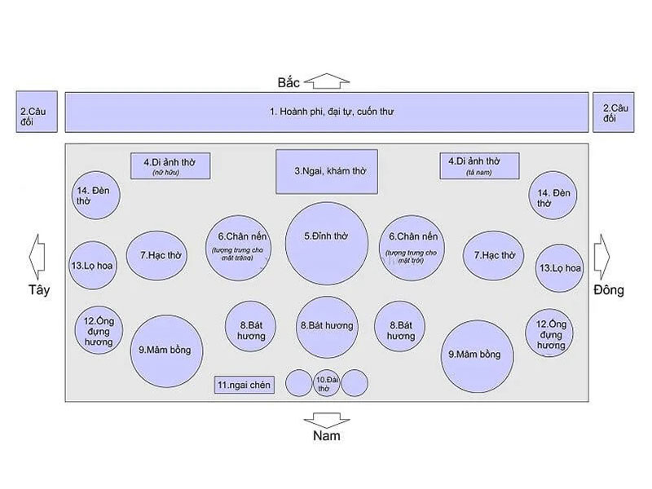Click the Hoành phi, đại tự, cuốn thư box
pos(326,112)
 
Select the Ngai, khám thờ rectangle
pos(326,172)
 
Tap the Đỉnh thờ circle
pos(327,243)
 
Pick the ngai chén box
pos(246,384)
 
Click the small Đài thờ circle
pos(327,382)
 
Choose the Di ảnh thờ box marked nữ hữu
pos(171,165)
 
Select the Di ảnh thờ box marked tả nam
pos(480,165)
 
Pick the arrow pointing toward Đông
pos(603,258)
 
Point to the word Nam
pos(326,437)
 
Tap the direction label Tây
pos(39,290)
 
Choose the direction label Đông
pos(608,290)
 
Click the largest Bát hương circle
pos(327,325)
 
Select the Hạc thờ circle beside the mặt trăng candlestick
pos(159,255)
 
